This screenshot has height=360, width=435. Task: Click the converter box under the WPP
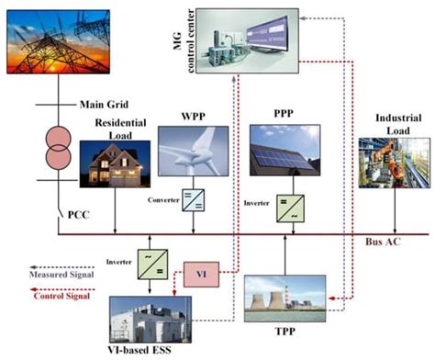pyautogui.click(x=194, y=202)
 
